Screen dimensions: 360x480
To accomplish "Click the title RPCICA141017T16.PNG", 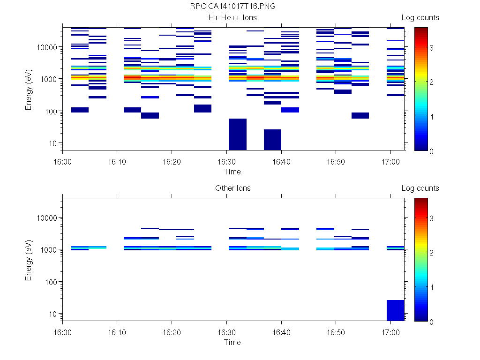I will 232,7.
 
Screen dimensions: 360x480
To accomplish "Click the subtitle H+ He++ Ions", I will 232,18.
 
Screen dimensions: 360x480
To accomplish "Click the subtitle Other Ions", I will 232,188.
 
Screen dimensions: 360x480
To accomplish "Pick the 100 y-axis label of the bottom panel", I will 51,282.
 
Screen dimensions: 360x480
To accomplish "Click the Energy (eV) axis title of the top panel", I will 29,88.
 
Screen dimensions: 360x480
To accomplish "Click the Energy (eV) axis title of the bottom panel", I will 29,259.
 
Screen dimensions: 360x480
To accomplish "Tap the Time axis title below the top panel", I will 232,172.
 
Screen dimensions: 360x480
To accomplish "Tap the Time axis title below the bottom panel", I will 232,342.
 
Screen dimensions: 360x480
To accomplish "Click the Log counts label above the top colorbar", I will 420,18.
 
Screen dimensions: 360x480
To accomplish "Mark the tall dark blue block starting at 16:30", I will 237,134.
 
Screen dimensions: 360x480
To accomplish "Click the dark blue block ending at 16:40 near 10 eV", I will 272,140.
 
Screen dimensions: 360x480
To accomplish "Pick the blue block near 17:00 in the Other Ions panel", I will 395,310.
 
